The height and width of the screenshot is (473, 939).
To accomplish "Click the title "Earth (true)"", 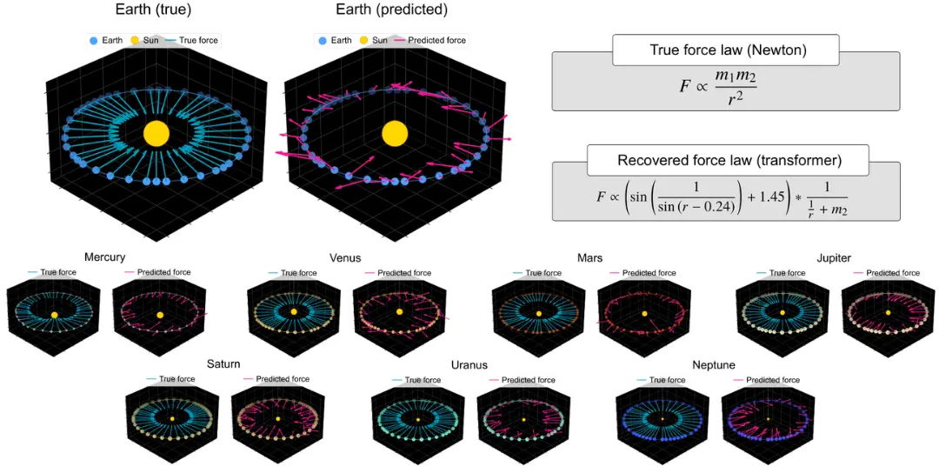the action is (153, 10).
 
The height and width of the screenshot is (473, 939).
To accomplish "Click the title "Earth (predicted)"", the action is (391, 10).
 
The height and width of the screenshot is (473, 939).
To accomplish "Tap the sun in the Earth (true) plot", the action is (156, 133).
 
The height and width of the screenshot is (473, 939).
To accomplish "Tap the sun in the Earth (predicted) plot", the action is (395, 133).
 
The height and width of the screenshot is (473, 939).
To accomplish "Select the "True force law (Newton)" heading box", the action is (725, 50).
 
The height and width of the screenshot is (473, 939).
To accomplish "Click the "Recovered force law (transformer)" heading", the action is (728, 160).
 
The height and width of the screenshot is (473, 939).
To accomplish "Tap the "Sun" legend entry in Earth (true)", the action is (144, 40).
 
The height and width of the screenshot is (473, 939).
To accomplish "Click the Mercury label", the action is (105, 256).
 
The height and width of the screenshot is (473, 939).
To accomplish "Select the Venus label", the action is (345, 257).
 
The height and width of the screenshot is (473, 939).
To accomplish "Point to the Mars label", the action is (589, 257).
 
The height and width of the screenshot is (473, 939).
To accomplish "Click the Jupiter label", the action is (834, 257).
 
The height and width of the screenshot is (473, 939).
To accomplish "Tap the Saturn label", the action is (223, 363).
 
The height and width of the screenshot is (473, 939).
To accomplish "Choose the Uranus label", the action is (469, 364).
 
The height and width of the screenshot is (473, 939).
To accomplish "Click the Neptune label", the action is (713, 364).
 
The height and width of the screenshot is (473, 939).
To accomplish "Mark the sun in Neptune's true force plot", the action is (663, 419).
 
